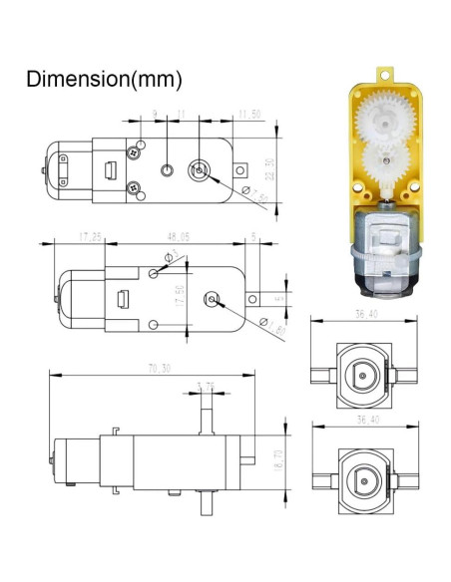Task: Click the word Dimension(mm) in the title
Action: click(104, 78)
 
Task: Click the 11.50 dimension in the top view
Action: click(248, 116)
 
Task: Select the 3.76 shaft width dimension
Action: click(206, 386)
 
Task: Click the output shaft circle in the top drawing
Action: click(202, 169)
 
